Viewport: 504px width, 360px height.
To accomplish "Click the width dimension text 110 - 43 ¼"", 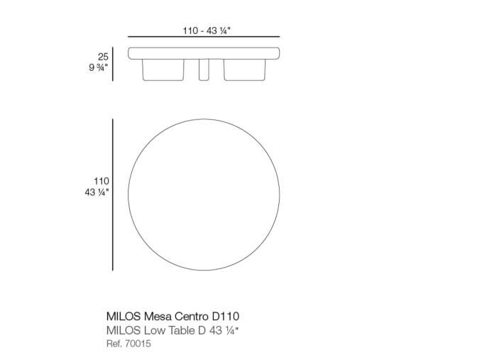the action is pyautogui.click(x=207, y=31).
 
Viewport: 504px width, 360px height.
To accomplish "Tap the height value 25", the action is pyautogui.click(x=103, y=57).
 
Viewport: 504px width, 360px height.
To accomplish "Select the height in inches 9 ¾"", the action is pyautogui.click(x=99, y=67).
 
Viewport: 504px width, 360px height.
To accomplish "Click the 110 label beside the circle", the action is pyautogui.click(x=102, y=181).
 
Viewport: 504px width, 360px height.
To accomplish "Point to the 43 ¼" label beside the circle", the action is pyautogui.click(x=97, y=192).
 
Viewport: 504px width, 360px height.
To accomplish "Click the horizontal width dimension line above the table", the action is pyautogui.click(x=204, y=37).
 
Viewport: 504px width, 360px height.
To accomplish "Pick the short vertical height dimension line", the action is pyautogui.click(x=112, y=64).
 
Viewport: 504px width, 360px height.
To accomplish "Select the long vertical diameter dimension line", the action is pyautogui.click(x=112, y=195).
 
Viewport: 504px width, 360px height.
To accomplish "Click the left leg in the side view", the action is pyautogui.click(x=163, y=70).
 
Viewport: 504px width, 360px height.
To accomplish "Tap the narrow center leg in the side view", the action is pyautogui.click(x=204, y=70).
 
